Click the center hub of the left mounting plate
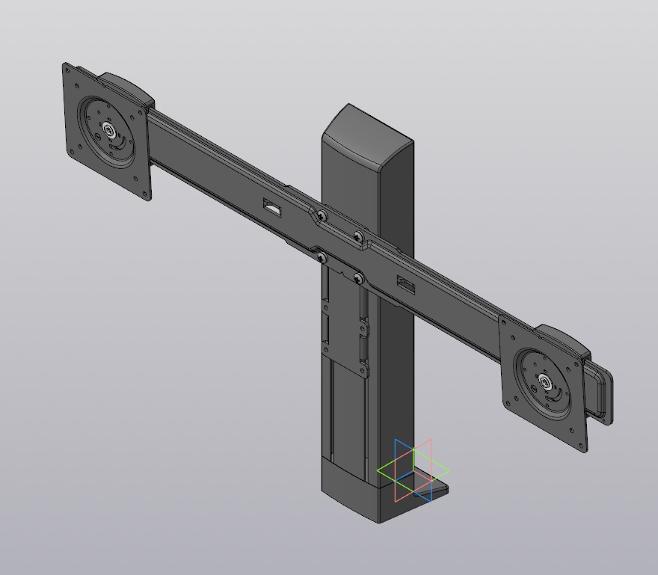110,132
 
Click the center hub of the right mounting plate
546,384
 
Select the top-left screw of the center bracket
322,215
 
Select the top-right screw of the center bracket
358,237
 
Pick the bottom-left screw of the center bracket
322,258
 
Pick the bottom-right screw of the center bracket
358,279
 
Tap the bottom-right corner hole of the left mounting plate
144,194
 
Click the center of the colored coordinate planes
413,471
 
